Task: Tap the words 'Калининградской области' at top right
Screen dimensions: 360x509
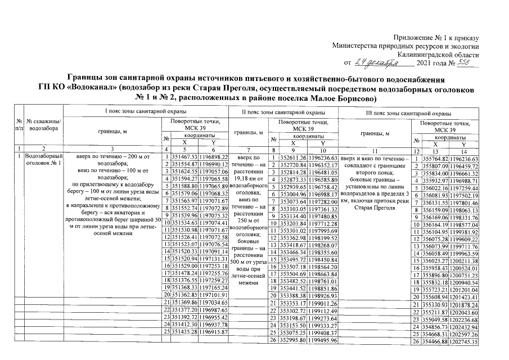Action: (x=438, y=54)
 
